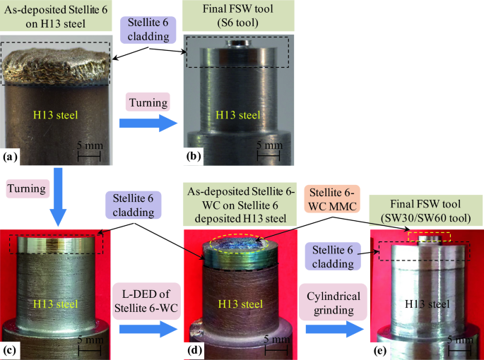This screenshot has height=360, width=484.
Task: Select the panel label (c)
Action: (x=10, y=349)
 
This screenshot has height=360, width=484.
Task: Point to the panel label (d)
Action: (x=191, y=349)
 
